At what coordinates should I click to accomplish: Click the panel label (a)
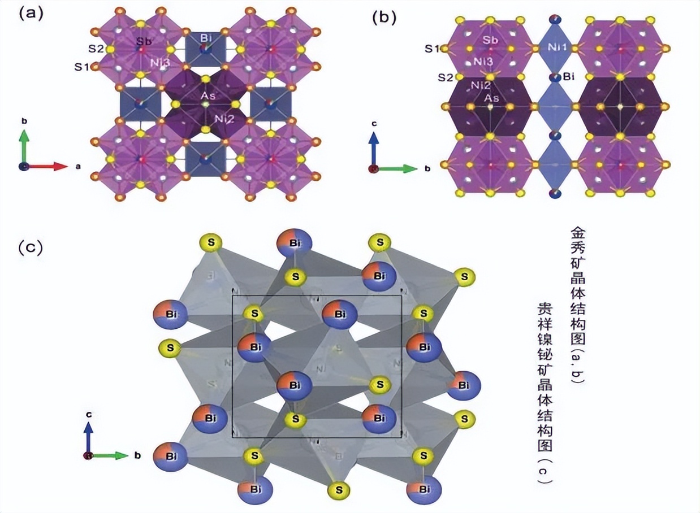(x=31, y=14)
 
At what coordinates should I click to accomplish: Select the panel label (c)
(x=31, y=247)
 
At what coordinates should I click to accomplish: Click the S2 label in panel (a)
(x=96, y=49)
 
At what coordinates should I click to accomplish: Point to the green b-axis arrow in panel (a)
(x=24, y=147)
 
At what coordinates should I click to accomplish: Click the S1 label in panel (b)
(x=433, y=49)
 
